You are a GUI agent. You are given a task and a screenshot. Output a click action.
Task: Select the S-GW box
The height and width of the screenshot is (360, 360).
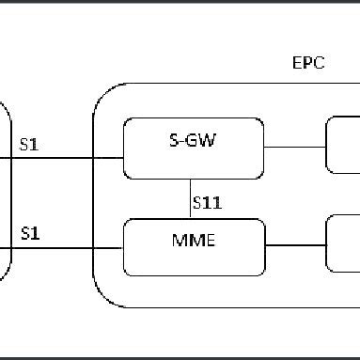pos(194,147)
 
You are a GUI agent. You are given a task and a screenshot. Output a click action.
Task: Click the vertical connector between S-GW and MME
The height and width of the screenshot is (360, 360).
pos(191,196)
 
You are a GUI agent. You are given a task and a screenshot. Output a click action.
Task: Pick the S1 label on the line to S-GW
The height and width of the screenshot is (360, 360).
pos(29,146)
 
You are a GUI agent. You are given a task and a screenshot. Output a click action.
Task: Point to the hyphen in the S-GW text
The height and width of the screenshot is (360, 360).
pos(185,142)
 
